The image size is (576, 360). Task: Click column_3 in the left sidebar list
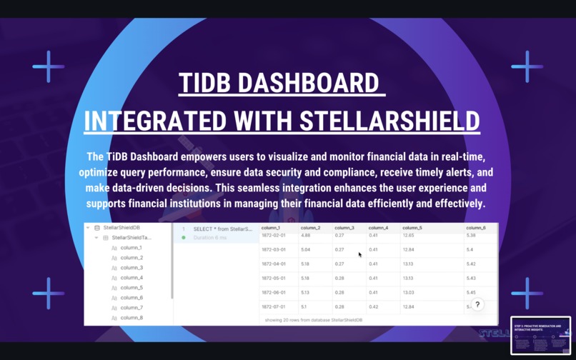point(131,268)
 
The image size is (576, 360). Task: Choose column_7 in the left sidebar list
point(131,308)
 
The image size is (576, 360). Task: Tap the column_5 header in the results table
point(412,228)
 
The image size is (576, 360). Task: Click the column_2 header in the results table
point(310,228)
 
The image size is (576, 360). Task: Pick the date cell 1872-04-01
point(274,264)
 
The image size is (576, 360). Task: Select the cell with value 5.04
point(306,250)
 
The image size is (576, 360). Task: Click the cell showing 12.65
point(408,235)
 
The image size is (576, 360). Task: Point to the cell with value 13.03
point(409,292)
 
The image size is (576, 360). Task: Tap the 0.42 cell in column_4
point(374,306)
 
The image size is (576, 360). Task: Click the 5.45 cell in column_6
point(472,292)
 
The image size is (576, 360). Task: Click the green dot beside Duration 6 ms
point(184,237)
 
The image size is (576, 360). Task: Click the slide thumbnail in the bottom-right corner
point(540,336)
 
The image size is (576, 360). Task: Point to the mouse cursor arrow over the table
point(359,254)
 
